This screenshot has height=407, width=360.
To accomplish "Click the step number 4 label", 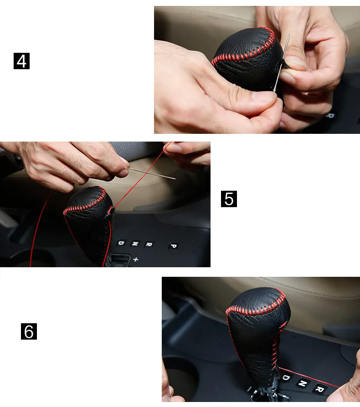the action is (21, 61).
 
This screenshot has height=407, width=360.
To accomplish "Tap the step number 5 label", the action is (229, 199).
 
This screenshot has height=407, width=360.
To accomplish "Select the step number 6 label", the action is (29, 331).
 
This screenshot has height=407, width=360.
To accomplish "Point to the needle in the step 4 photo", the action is (282, 62).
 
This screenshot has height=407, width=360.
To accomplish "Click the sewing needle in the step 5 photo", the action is (152, 173).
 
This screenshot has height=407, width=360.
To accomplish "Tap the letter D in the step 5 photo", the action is (121, 243).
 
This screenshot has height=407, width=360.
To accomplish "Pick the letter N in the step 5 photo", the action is (135, 244).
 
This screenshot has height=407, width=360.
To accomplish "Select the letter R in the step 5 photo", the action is (149, 244).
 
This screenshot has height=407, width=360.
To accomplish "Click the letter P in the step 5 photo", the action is (174, 245).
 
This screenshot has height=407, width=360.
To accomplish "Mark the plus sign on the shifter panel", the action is (136, 259).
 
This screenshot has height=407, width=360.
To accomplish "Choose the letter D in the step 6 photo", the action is (286, 377).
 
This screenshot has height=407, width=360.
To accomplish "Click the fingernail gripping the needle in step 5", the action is (123, 173).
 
